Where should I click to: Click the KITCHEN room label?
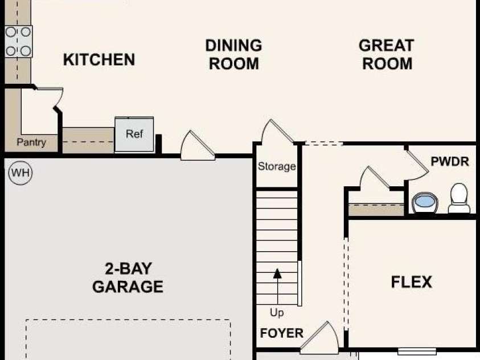coord(99,60)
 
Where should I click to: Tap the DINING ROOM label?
coord(233,55)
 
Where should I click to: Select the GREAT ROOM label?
coord(387,55)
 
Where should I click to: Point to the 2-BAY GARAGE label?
coord(128,277)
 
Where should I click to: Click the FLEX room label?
coord(412,282)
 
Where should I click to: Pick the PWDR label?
coord(450,161)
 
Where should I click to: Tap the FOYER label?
coord(282,333)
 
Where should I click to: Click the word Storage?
coord(277,166)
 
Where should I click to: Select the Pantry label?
coord(31,142)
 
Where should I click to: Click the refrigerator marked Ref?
coord(134,134)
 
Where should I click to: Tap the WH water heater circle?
coord(20,173)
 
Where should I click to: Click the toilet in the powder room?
coord(459,198)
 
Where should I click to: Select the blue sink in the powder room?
coord(425,202)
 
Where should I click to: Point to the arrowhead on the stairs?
coord(277,273)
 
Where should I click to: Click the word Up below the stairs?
coord(277,313)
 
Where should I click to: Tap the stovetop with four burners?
coord(18,42)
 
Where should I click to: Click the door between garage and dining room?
coord(198,146)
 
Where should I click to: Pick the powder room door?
coord(417,165)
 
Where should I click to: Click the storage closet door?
coord(277,132)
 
